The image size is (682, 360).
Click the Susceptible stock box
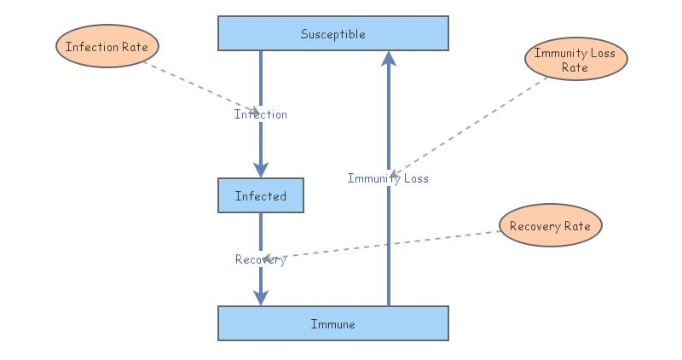tap(332, 34)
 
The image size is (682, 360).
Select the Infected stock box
tap(260, 196)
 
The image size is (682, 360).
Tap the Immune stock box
tap(332, 324)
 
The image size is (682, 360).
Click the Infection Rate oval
tap(107, 47)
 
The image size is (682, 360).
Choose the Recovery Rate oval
tap(551, 226)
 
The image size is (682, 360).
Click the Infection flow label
tap(260, 114)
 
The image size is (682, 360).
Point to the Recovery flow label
tap(260, 259)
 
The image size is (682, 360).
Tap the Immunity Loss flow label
tap(388, 178)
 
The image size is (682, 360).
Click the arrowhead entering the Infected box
tap(261, 170)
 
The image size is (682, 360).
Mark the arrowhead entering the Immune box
tap(261, 298)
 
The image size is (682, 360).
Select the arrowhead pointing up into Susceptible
tap(389, 59)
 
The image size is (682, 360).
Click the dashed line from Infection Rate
tap(196, 86)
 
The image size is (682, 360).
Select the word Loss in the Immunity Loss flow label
tap(414, 178)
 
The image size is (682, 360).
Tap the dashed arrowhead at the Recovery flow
tap(268, 258)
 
